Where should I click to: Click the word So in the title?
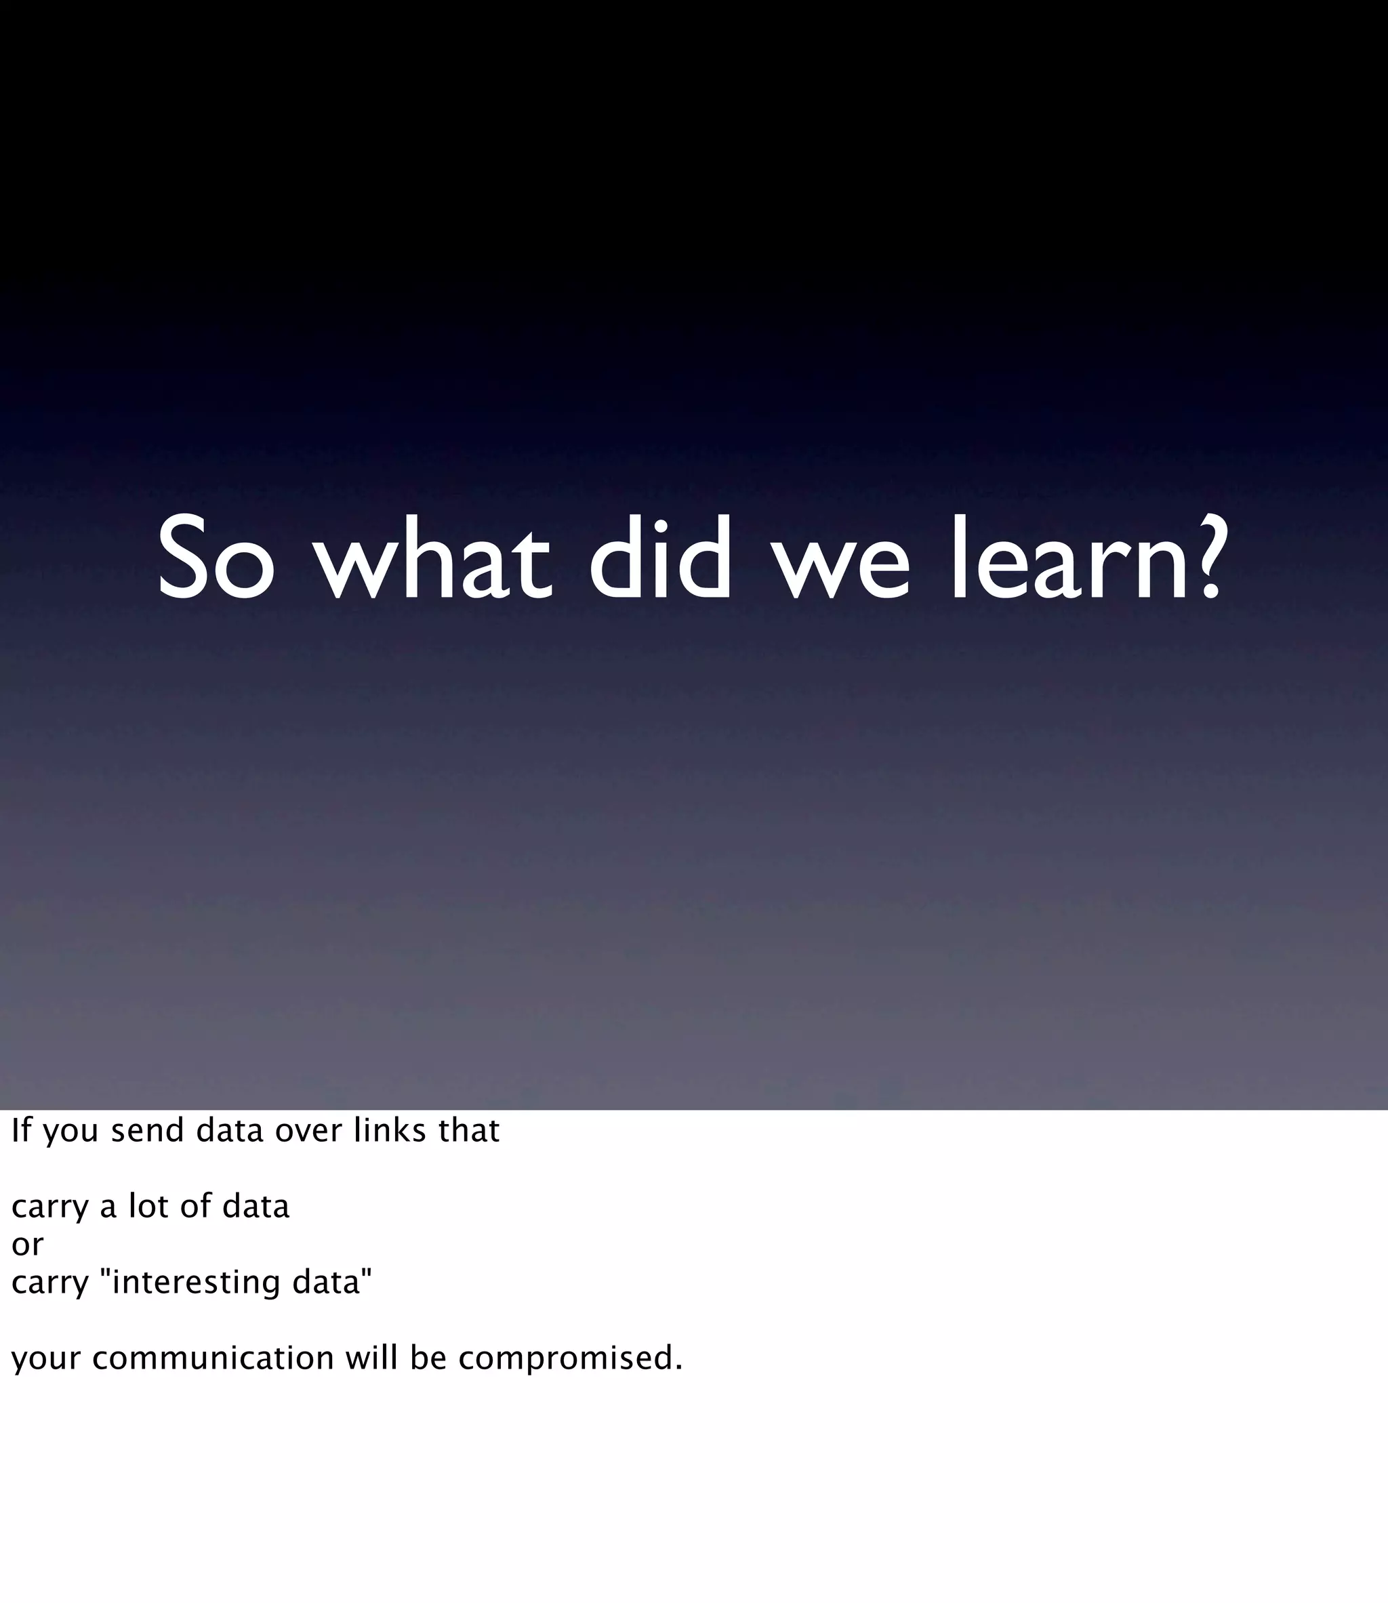click(216, 559)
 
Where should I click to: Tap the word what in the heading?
click(432, 559)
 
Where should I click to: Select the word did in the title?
click(660, 559)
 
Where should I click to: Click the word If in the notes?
click(21, 1131)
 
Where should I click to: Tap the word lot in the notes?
click(148, 1207)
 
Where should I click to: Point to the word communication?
click(213, 1359)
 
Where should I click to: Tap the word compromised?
click(570, 1359)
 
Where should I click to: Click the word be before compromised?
click(428, 1359)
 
